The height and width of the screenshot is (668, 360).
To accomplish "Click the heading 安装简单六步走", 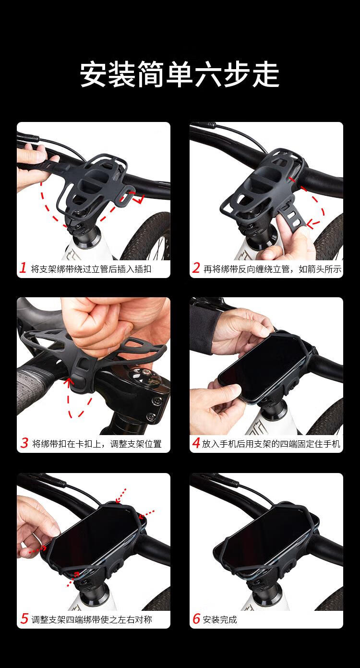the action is [180, 74].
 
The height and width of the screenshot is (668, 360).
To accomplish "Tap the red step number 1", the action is [23, 268].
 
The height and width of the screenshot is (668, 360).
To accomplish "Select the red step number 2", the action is [196, 268].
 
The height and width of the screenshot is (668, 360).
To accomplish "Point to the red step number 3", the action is [24, 443].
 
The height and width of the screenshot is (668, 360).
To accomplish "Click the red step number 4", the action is [196, 443].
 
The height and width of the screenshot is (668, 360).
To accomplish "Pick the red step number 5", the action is [24, 618].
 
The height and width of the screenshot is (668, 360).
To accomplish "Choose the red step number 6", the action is [196, 618].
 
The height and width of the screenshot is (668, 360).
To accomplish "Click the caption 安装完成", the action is [220, 619].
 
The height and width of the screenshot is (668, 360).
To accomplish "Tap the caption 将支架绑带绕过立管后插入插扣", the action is [91, 269].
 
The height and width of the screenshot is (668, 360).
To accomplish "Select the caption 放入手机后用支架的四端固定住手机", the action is [271, 444].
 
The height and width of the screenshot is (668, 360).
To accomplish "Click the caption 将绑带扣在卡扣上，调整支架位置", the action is [97, 444].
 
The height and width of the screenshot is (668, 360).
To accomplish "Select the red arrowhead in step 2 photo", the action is [312, 223].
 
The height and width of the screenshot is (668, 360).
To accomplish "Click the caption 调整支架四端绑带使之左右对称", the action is [92, 619].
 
